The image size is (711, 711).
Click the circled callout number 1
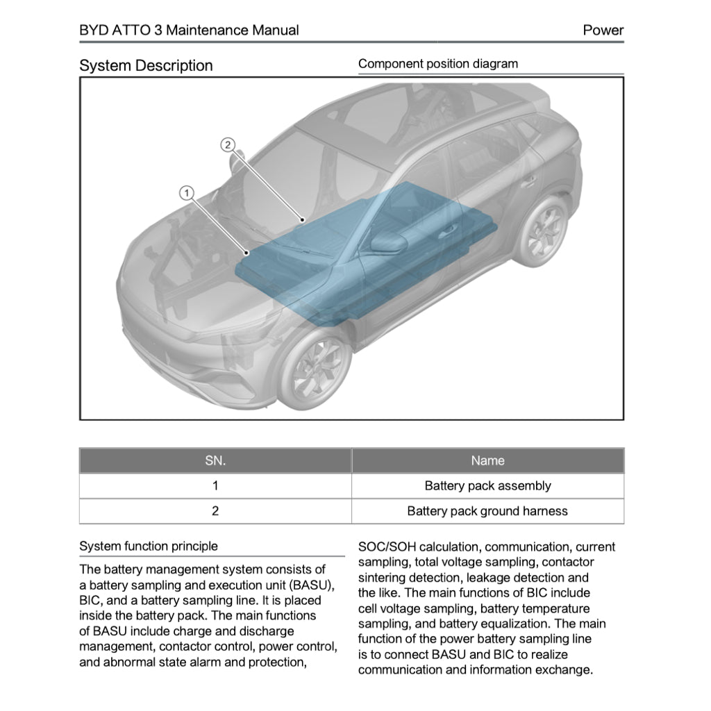click(x=186, y=194)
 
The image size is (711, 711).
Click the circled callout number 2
click(x=228, y=144)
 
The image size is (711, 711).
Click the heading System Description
click(x=146, y=66)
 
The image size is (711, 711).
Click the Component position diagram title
click(x=437, y=64)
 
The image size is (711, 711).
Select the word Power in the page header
click(x=603, y=31)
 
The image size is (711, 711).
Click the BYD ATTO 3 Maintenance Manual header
click(x=189, y=31)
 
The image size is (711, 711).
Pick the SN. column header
click(x=215, y=460)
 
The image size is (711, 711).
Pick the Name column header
click(x=487, y=460)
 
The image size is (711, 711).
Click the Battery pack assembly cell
click(x=487, y=486)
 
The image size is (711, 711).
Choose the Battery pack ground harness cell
click(x=487, y=511)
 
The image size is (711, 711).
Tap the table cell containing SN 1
click(x=215, y=486)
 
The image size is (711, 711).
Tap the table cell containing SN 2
click(x=215, y=511)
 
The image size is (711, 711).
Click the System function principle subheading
click(x=148, y=546)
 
